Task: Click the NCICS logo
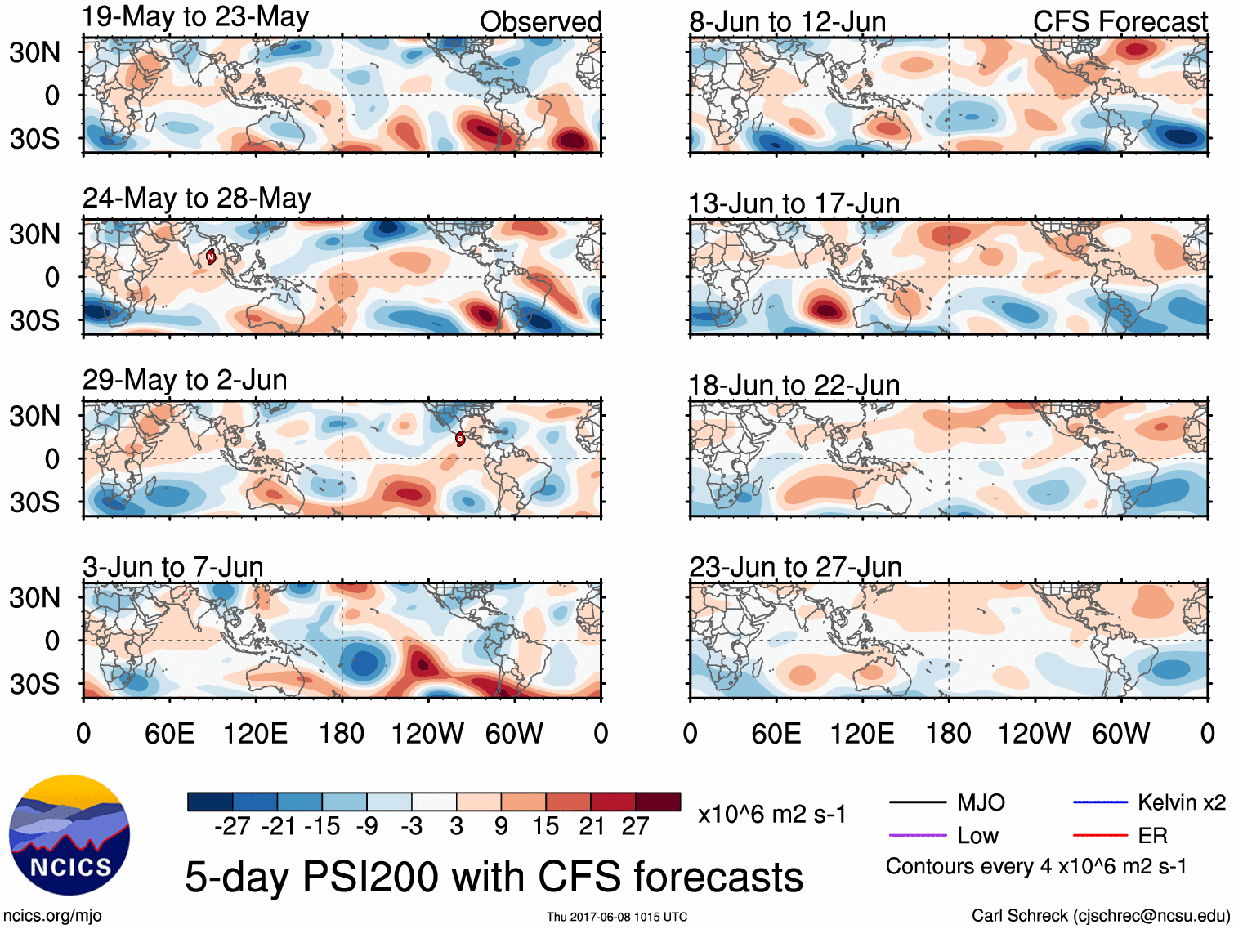(69, 834)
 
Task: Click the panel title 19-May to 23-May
(195, 17)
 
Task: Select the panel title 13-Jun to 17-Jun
(794, 203)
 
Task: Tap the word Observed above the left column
(540, 22)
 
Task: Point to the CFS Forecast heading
(1120, 22)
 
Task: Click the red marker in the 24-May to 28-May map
(211, 257)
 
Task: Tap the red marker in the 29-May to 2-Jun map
(460, 439)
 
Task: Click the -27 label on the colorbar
(232, 826)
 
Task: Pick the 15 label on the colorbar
(545, 826)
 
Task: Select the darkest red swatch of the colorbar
(658, 802)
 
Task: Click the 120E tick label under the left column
(255, 734)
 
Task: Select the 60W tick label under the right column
(1120, 734)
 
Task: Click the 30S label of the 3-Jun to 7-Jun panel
(34, 684)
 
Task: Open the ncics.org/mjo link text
(52, 916)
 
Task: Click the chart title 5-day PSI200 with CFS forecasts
(494, 877)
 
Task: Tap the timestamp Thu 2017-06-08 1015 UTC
(617, 917)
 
